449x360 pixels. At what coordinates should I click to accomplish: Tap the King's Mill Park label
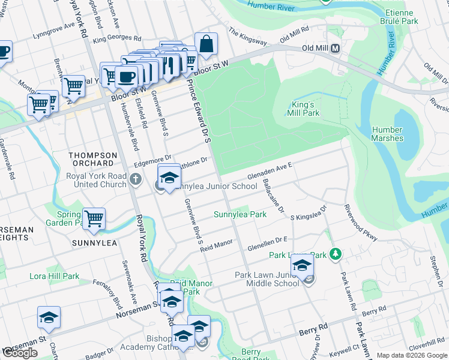[x=303, y=109]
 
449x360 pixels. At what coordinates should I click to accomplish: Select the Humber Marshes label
[x=387, y=134]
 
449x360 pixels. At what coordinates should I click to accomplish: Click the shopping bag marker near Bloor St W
[x=206, y=44]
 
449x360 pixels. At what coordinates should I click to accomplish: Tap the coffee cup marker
[x=127, y=77]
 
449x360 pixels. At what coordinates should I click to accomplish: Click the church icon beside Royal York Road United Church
[x=136, y=179]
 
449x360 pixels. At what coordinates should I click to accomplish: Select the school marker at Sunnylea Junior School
[x=169, y=177]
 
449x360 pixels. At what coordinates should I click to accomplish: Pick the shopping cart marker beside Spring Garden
[x=94, y=219]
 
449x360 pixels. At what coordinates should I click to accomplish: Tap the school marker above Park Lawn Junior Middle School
[x=302, y=266]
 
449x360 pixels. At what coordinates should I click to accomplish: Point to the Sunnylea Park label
[x=240, y=214]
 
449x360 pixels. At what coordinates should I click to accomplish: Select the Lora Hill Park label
[x=55, y=277]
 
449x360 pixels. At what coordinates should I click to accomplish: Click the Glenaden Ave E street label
[x=270, y=172]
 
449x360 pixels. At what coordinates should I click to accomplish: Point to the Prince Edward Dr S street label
[x=199, y=108]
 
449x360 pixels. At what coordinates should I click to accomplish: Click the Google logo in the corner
[x=20, y=353]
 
